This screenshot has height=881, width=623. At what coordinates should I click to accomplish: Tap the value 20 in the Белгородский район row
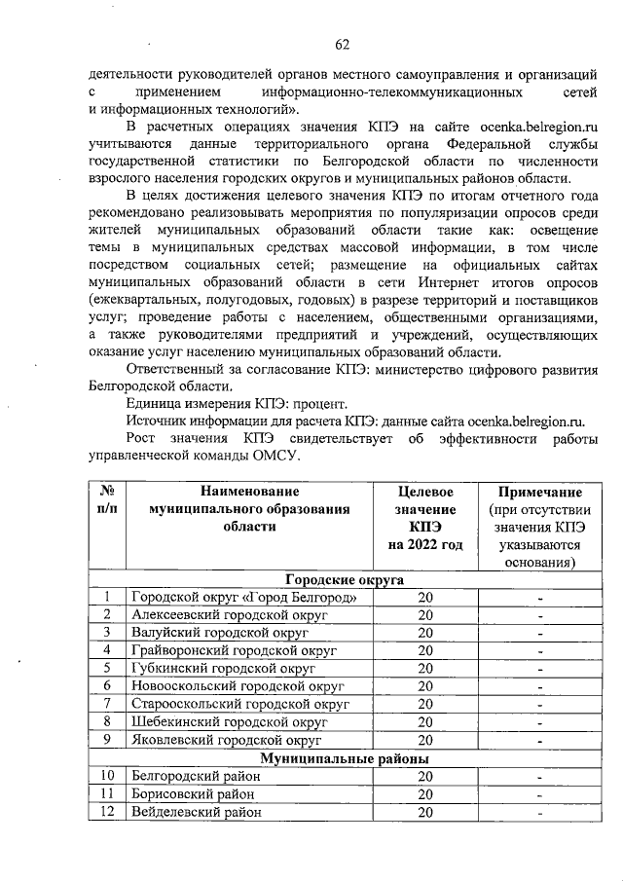(x=424, y=777)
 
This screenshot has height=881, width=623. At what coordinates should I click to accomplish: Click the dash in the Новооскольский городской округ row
(x=538, y=687)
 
